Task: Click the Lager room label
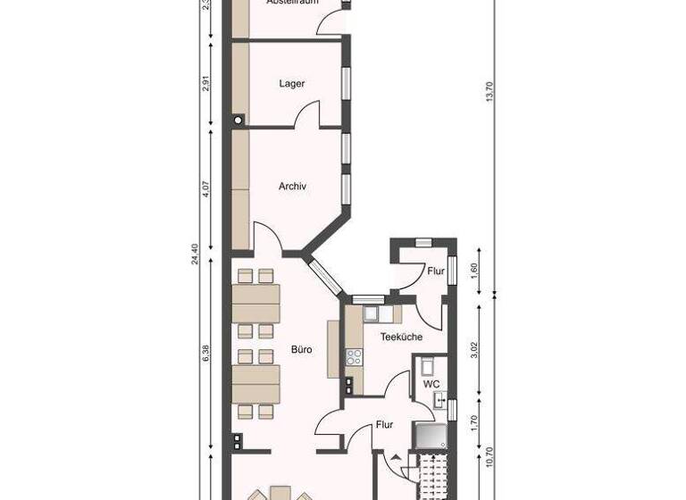tap(292, 84)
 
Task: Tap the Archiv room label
tap(292, 187)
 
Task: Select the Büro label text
tap(301, 350)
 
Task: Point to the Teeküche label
tap(401, 337)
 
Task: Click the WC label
tap(431, 384)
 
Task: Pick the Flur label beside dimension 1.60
tap(435, 271)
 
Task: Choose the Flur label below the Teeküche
tap(384, 425)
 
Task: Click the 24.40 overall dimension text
tap(194, 254)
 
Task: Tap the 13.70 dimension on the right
tap(489, 92)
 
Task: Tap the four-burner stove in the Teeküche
tap(354, 357)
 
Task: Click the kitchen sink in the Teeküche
tap(372, 313)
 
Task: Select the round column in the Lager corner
tap(238, 120)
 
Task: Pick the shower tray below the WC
tap(429, 435)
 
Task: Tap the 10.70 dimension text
tap(489, 457)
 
